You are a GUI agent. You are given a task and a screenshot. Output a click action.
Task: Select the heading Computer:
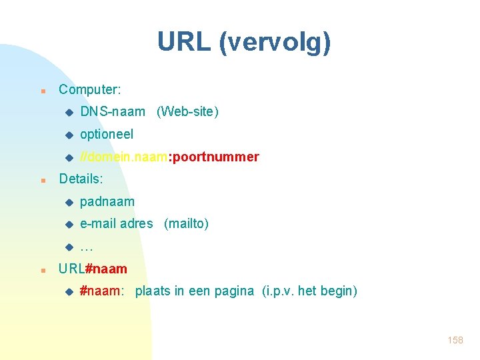pyautogui.click(x=90, y=89)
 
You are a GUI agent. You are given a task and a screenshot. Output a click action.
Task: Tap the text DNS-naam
pyautogui.click(x=112, y=112)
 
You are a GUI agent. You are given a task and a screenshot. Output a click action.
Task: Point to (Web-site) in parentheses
pyautogui.click(x=187, y=112)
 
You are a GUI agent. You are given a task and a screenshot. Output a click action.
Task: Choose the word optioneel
pyautogui.click(x=107, y=134)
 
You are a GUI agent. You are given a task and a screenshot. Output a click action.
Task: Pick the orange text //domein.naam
pyautogui.click(x=123, y=157)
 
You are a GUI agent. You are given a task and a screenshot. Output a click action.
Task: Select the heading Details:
pyautogui.click(x=81, y=179)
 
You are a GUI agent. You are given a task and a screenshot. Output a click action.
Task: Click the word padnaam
pyautogui.click(x=107, y=202)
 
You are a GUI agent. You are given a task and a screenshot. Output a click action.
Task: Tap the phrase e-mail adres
pyautogui.click(x=116, y=224)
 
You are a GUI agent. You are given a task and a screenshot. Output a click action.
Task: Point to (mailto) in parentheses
pyautogui.click(x=186, y=224)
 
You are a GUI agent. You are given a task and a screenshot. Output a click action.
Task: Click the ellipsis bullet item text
pyautogui.click(x=86, y=247)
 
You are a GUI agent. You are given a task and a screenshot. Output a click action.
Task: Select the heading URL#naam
pyautogui.click(x=93, y=269)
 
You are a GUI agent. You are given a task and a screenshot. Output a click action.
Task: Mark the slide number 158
pyautogui.click(x=455, y=341)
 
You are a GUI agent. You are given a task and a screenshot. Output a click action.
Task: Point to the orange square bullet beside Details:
pyautogui.click(x=42, y=180)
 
